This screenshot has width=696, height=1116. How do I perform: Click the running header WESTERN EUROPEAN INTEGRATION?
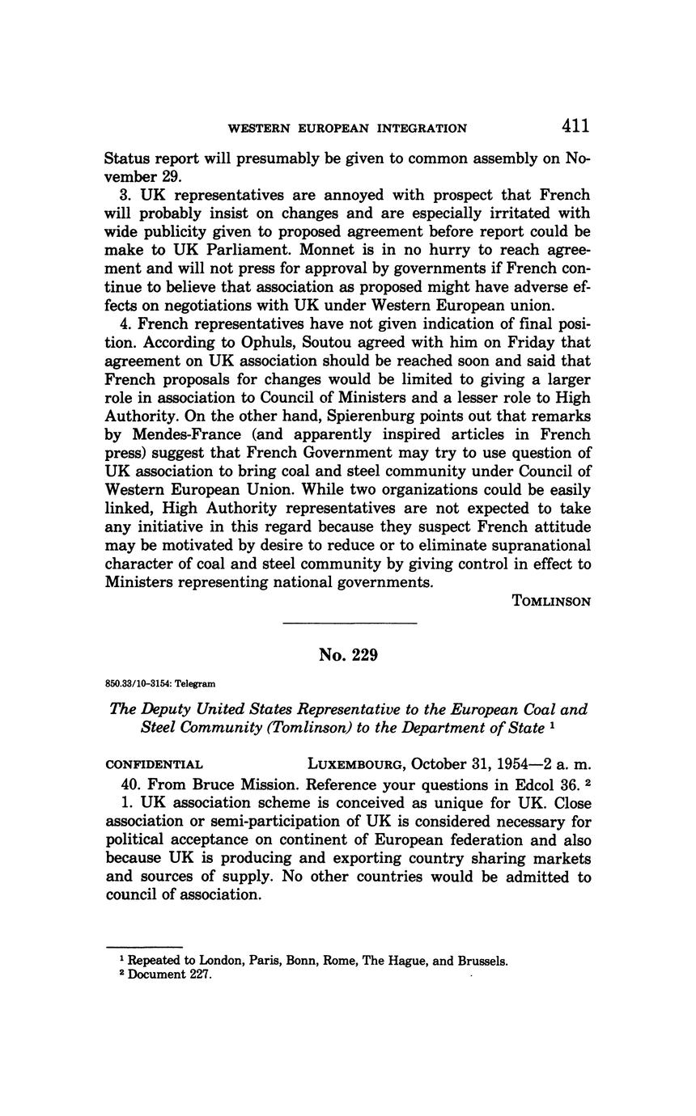pos(347,128)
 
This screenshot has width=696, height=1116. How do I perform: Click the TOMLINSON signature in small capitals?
pos(552,601)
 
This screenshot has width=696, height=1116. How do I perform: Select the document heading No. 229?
pos(348,655)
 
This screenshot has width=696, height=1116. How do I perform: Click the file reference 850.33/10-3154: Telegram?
pos(160,683)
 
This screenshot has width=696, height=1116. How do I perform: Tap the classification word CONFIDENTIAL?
pos(154,764)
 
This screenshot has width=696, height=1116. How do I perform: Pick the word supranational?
pos(533,545)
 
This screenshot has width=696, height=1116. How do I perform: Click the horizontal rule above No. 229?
pos(349,623)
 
